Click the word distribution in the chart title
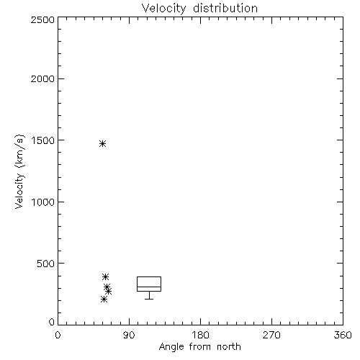(225, 8)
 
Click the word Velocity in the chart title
(164, 9)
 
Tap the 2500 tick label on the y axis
(42, 19)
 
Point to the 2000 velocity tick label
(42, 78)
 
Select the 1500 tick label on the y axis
(43, 140)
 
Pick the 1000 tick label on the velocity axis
(43, 202)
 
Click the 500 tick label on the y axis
(46, 264)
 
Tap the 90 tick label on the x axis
(130, 335)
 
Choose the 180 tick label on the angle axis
(200, 335)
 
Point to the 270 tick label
(271, 335)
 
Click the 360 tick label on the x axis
(343, 335)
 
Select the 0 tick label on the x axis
(58, 335)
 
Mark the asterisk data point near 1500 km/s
(103, 144)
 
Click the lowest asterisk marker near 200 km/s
(104, 299)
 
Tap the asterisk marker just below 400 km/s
(105, 276)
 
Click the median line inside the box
(149, 287)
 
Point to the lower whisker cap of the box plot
(149, 299)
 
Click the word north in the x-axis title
(229, 346)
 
